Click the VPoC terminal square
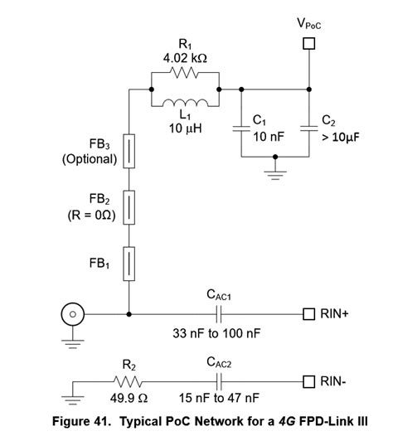point(308,43)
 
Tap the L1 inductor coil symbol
point(183,105)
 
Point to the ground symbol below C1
point(274,173)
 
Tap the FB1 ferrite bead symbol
point(129,263)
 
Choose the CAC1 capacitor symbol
point(219,314)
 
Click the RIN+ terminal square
point(308,314)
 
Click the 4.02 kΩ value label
point(183,60)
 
